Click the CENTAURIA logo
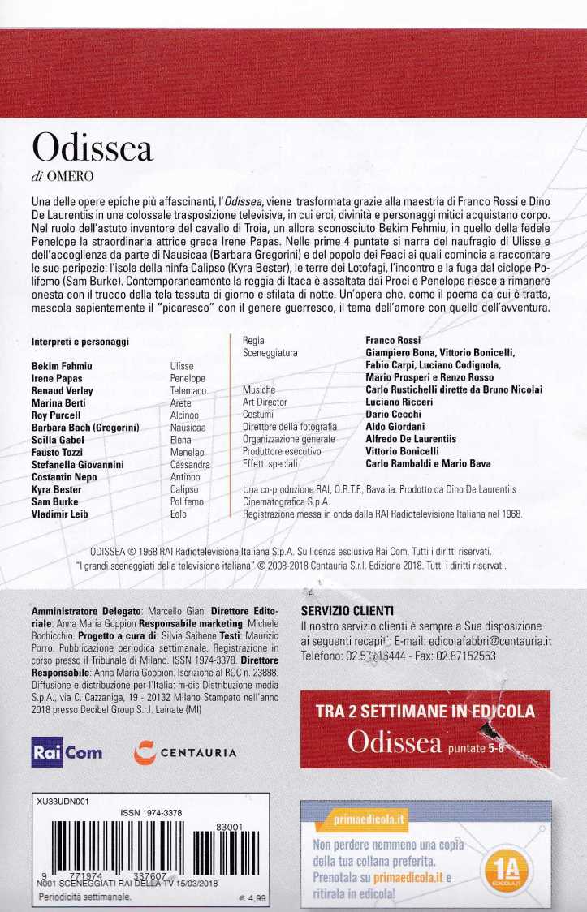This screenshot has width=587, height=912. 184,752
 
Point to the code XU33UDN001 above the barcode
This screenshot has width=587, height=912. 63,802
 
